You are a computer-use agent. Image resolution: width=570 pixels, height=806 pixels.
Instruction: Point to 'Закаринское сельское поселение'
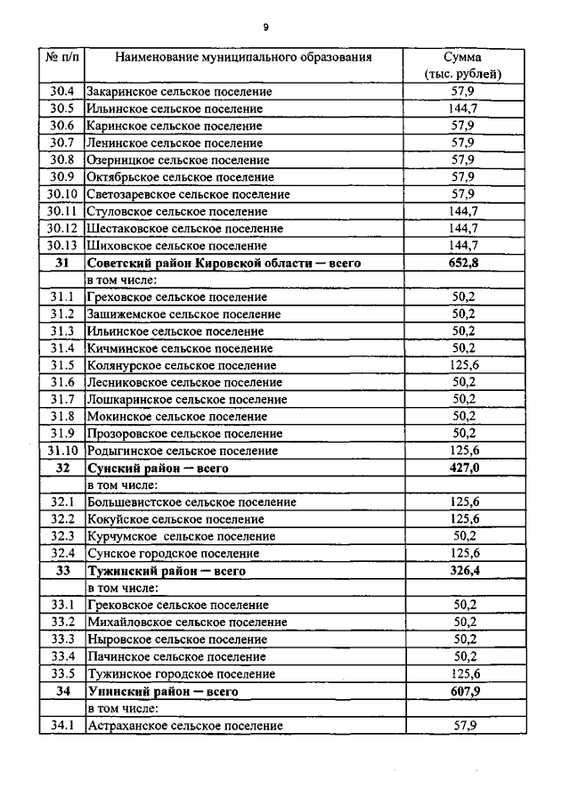pos(179,92)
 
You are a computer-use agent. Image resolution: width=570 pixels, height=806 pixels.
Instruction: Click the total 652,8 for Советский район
pos(464,262)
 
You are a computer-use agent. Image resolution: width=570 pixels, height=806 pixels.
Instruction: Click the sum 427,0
pos(464,468)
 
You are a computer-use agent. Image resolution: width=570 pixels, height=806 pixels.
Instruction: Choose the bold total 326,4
pos(464,570)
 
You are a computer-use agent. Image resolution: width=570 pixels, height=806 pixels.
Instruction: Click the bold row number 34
pos(61,691)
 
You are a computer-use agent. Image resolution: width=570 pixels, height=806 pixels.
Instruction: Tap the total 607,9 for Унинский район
pos(464,691)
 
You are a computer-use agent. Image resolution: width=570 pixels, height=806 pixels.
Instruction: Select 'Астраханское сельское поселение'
pos(184,726)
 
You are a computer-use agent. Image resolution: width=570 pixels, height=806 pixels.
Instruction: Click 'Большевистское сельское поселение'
pos(191,502)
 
